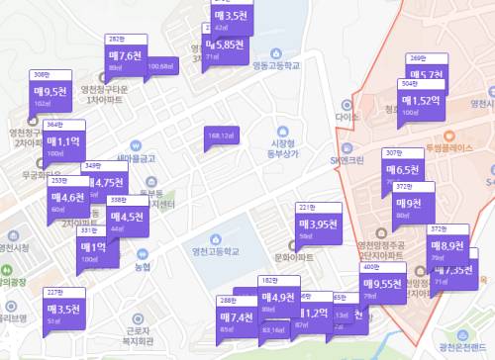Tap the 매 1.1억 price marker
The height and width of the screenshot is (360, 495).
pos(64,143)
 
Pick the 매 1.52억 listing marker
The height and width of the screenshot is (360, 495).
pos(422,102)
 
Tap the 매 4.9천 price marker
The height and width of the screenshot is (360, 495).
pos(278,298)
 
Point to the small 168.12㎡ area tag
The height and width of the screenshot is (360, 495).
pos(220,135)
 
